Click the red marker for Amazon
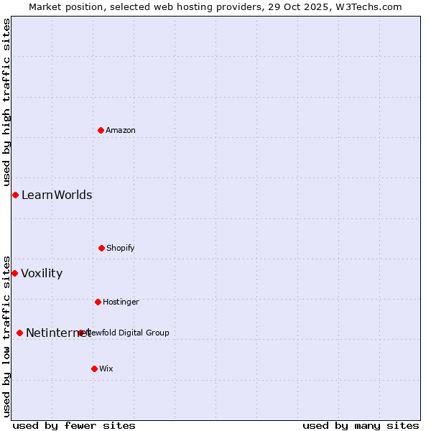point(101,130)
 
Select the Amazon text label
point(121,130)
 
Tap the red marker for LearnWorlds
point(15,195)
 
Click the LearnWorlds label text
point(57,195)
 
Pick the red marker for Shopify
point(101,248)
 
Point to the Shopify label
point(121,248)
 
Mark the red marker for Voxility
point(14,273)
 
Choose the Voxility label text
point(42,273)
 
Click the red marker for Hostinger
point(98,302)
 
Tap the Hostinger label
point(121,302)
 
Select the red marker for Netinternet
point(19,333)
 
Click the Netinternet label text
point(57,333)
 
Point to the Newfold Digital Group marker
point(80,333)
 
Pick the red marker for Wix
point(94,369)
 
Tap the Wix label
point(106,369)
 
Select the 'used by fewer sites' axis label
point(74,425)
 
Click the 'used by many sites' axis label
point(361,425)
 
